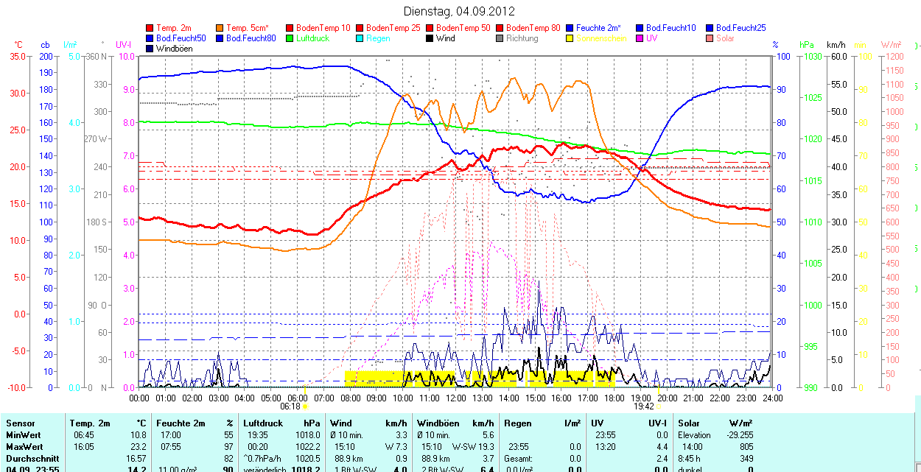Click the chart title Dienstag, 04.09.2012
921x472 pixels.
pos(460,11)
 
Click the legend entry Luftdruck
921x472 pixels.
pos(312,38)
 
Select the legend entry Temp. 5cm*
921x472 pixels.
pos(247,28)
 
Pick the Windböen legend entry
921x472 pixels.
pos(175,49)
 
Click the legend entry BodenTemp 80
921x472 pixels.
pos(533,28)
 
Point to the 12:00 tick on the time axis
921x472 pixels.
pos(456,398)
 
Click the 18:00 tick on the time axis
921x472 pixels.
pos(614,398)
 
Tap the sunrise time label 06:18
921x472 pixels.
pos(291,406)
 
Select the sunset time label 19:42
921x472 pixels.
pos(644,406)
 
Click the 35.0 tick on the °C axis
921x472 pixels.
pos(15,56)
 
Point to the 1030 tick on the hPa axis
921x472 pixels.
pos(812,56)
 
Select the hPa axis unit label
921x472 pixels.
pos(807,45)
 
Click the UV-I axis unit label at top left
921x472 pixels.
pos(123,45)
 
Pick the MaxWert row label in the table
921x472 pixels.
pos(24,447)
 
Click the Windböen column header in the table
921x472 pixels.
pos(438,423)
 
